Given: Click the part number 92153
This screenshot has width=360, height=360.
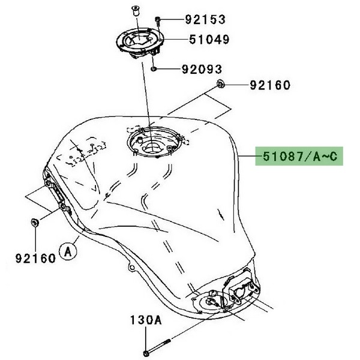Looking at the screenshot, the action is coord(205,19).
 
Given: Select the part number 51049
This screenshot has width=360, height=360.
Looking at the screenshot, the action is coord(209,39).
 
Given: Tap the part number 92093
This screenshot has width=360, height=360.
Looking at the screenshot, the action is coord(202,69).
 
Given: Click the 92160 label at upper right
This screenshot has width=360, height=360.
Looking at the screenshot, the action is coord(270,85).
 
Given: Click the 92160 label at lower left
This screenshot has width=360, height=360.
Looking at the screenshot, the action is coord(35,258).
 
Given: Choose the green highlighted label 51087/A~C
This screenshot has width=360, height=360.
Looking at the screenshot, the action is coord(299,156).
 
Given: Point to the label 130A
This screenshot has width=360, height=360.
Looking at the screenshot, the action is coord(146,320).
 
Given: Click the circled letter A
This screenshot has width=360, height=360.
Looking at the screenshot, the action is coord(68,252).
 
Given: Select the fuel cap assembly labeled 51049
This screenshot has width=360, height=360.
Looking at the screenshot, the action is coord(140,43).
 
